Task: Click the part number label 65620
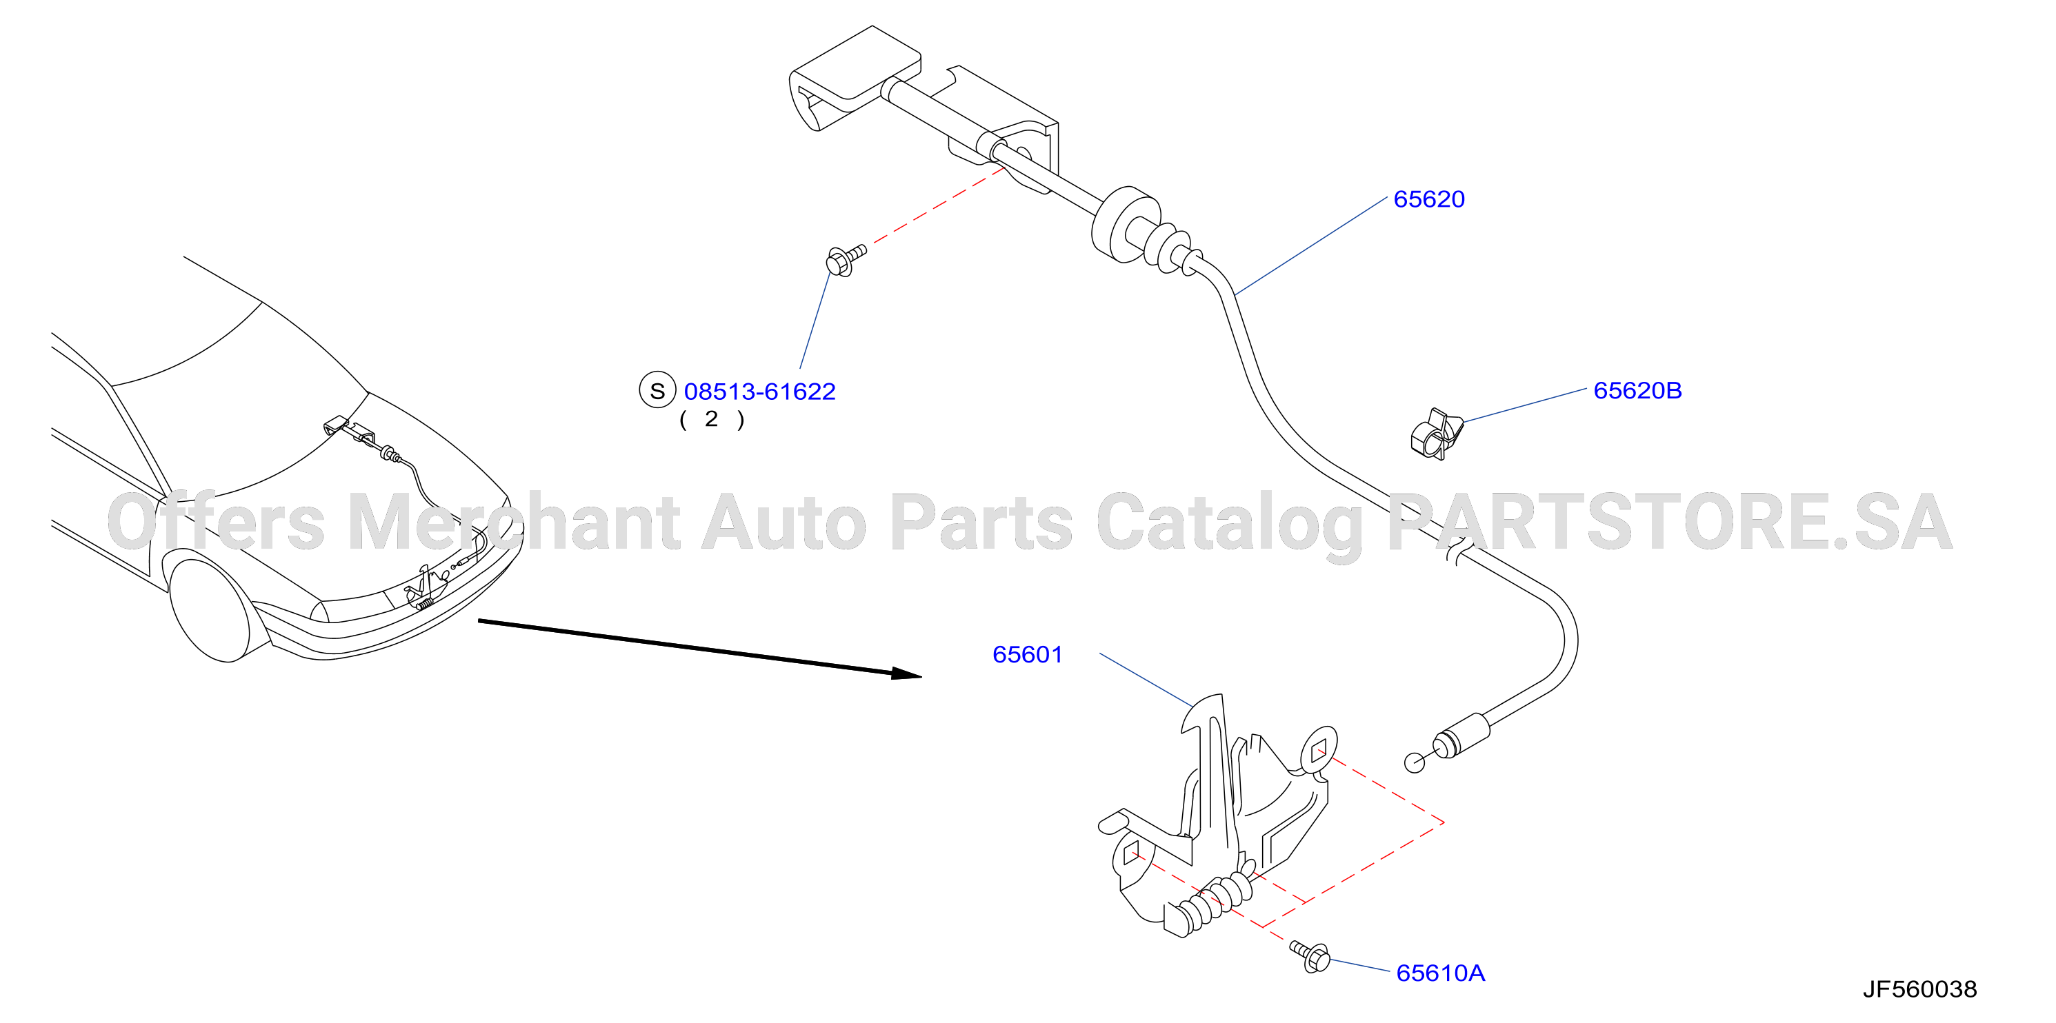tap(1428, 199)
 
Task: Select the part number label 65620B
tap(1637, 390)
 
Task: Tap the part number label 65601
tap(1027, 654)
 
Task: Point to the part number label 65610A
tap(1441, 973)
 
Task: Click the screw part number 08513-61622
tap(760, 391)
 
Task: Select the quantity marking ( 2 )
tap(712, 419)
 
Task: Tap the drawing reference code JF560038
tap(1919, 989)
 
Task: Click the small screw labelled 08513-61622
tap(844, 259)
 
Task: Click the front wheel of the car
tap(210, 609)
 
